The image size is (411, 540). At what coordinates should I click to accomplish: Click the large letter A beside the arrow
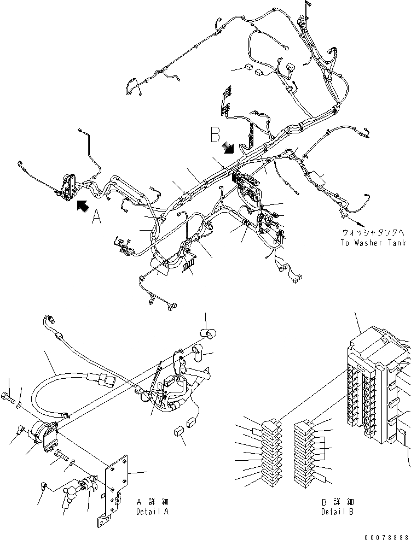coord(96,219)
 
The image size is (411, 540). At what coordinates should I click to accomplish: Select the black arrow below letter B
coord(229,148)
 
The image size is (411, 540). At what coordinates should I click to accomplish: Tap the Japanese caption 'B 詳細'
coord(337,502)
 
